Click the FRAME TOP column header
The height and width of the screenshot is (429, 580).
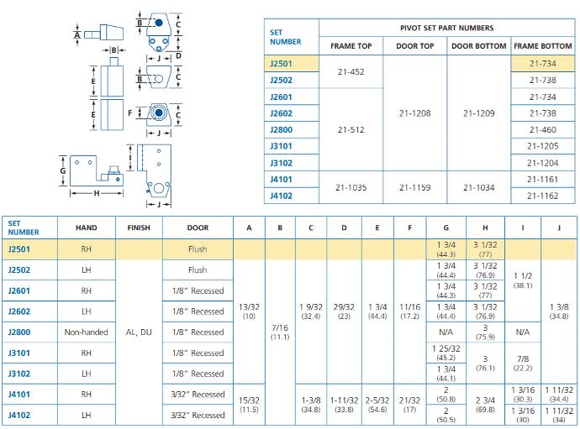(351, 46)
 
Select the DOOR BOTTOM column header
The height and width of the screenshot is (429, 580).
(478, 46)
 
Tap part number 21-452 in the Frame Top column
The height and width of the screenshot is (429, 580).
(351, 71)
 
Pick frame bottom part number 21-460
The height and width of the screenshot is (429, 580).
(543, 129)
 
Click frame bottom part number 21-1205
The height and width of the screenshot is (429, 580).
(543, 146)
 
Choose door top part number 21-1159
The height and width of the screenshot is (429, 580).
(414, 188)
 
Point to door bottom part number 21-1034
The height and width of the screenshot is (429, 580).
(478, 188)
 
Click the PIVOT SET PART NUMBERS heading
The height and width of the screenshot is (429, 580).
(447, 28)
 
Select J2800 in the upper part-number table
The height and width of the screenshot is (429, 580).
(281, 129)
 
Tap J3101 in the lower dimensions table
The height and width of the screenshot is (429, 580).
(18, 353)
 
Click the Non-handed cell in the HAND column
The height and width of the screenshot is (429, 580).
(87, 332)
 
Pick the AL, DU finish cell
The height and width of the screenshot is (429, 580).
(139, 332)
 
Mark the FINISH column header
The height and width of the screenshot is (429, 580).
(139, 228)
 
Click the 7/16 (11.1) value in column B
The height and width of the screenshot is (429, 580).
(280, 332)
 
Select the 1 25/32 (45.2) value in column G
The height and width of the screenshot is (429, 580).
(446, 353)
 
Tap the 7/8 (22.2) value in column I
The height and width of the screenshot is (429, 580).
(523, 364)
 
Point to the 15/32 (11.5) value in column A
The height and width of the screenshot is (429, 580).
(249, 405)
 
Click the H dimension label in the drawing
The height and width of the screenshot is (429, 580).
(97, 193)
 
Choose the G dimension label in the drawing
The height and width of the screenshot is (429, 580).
(63, 170)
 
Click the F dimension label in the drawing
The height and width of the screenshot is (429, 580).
(129, 113)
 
